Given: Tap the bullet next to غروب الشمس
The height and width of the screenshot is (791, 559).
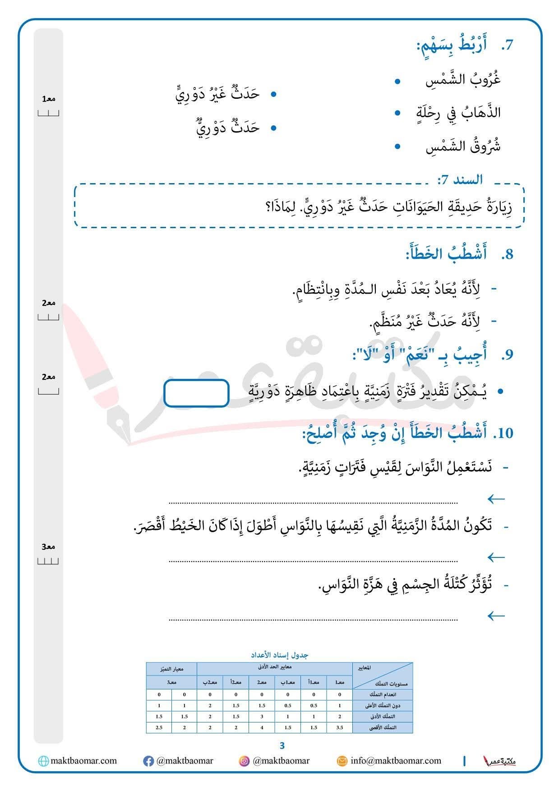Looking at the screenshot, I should pos(397,82).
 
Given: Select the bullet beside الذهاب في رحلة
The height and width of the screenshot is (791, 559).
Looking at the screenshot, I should pos(397,113).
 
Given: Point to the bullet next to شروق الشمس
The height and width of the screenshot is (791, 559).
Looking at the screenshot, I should pos(397,147).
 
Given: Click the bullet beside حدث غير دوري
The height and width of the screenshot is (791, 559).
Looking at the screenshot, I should pos(273,94).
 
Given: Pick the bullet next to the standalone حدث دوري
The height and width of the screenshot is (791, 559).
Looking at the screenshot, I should pos(273,128).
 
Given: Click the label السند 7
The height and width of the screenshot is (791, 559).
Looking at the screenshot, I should pos(460,179).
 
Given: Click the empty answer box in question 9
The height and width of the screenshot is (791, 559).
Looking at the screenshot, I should pos(196,393).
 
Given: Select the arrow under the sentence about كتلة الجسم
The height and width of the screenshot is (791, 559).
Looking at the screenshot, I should pos(496,616).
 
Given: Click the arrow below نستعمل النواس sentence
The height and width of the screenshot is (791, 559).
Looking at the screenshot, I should pos(496,499).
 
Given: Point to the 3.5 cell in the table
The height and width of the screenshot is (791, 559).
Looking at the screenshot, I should pos(339,727).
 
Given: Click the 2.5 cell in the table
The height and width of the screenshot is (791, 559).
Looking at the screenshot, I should pos(159,727).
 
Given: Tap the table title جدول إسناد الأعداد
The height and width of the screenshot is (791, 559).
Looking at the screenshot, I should pos(280,655).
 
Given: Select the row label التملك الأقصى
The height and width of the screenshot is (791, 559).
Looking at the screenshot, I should pos(383,727).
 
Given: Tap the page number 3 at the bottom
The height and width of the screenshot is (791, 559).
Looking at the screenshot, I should pos(282,746).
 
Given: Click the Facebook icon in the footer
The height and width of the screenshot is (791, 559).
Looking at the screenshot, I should pos(148,761).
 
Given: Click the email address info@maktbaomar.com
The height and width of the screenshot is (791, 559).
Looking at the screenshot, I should pos(396,761).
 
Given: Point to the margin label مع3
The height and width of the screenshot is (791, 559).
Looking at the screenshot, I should pos(48,547).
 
